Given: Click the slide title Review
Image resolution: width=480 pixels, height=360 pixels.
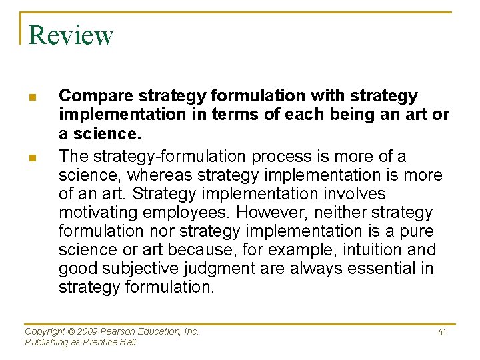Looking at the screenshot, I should [71, 35].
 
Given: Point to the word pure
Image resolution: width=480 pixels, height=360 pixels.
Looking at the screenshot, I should [416, 231].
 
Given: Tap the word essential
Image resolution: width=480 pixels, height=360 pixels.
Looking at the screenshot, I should [384, 269].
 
